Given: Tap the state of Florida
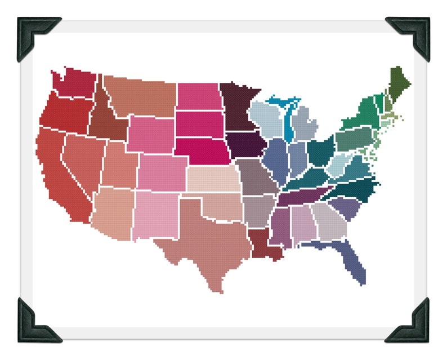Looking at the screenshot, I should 352,259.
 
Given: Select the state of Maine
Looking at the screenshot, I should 399,85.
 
